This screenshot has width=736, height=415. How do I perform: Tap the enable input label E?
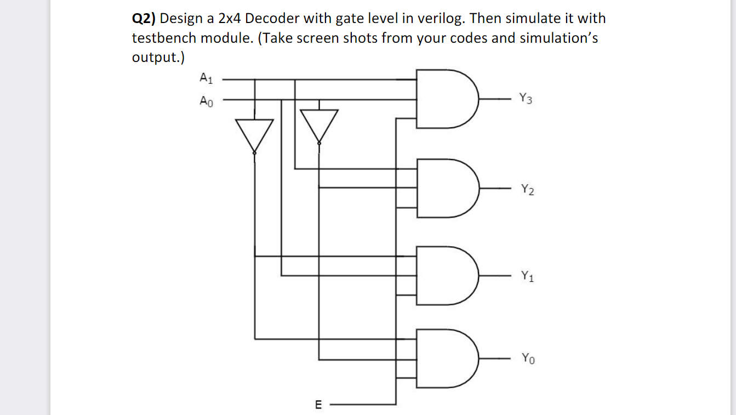[x=318, y=405]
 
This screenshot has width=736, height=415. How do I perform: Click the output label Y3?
[x=525, y=99]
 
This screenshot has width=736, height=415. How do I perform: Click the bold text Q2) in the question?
[x=144, y=19]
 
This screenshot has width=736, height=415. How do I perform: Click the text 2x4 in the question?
[x=230, y=19]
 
